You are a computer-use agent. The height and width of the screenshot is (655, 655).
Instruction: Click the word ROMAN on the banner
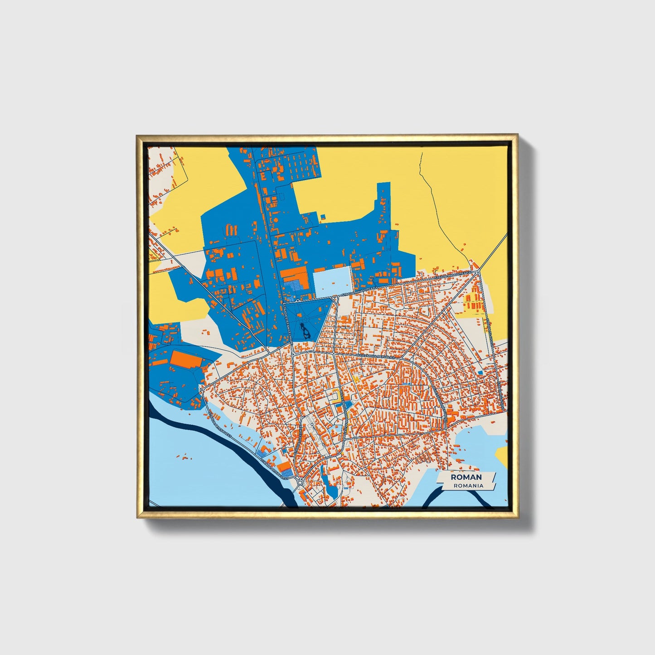click(466, 477)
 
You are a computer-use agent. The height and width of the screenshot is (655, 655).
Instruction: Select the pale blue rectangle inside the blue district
click(332, 282)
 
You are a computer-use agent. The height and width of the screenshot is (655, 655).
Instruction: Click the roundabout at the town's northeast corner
click(479, 272)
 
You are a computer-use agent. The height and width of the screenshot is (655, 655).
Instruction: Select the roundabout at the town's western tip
click(201, 390)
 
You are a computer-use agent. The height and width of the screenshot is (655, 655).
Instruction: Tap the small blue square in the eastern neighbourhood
click(480, 373)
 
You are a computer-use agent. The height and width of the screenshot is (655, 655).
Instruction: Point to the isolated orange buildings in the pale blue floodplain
click(184, 457)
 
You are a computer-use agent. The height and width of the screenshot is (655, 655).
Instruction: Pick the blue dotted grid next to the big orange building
click(296, 285)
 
